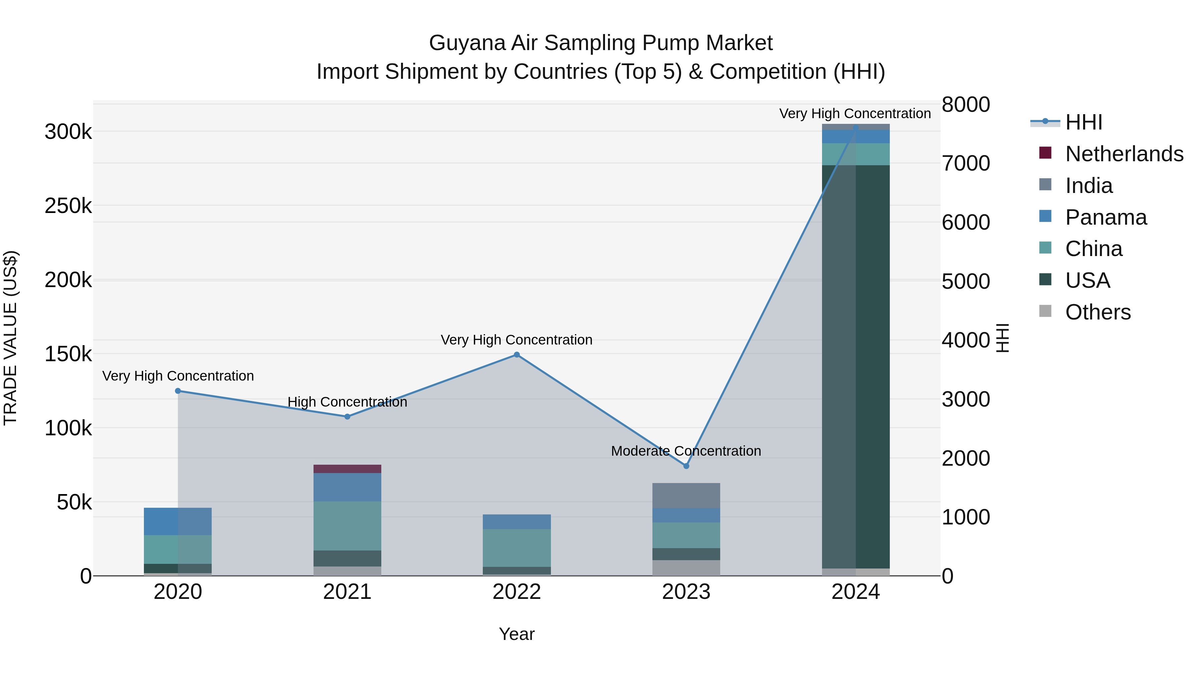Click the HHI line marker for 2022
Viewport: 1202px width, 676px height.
[517, 355]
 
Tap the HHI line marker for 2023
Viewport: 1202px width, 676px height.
[686, 466]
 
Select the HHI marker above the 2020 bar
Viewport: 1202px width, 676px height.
[178, 391]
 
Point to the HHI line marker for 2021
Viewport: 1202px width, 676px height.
[347, 417]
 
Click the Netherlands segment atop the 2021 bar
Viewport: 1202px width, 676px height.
[347, 469]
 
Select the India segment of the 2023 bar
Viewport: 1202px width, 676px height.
[686, 495]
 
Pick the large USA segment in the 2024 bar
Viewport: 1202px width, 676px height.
[856, 366]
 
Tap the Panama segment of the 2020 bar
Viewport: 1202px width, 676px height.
[178, 521]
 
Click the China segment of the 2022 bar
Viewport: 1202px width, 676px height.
[517, 548]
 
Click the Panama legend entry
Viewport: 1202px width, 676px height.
[1106, 217]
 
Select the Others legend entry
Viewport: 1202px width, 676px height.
[1097, 312]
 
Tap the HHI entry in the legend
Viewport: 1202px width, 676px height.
[1083, 122]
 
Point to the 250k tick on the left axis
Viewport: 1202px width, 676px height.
[68, 206]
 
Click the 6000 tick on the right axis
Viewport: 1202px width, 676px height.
[965, 223]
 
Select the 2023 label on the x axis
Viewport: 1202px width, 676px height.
[686, 592]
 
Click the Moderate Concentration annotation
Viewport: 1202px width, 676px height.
[686, 451]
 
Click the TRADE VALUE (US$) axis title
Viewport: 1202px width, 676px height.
[10, 338]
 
